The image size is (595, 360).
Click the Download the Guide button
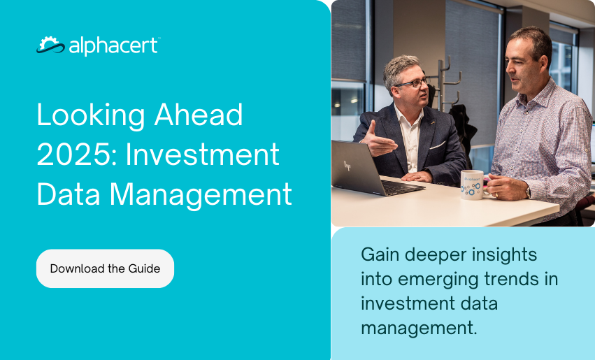click(105, 268)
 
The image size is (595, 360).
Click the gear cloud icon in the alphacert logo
click(51, 45)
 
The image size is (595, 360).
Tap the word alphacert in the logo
click(113, 46)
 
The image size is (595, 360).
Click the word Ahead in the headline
click(199, 115)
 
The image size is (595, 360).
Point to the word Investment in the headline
click(203, 154)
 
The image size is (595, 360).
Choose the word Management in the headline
click(201, 194)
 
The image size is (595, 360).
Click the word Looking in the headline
click(91, 116)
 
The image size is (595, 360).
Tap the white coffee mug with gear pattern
click(473, 185)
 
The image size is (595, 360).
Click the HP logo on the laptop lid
click(347, 166)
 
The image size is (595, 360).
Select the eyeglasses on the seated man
click(412, 82)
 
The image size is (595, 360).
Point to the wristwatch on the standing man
click(528, 193)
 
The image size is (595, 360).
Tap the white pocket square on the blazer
click(437, 145)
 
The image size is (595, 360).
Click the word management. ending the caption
click(419, 328)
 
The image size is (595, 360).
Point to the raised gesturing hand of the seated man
click(378, 140)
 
